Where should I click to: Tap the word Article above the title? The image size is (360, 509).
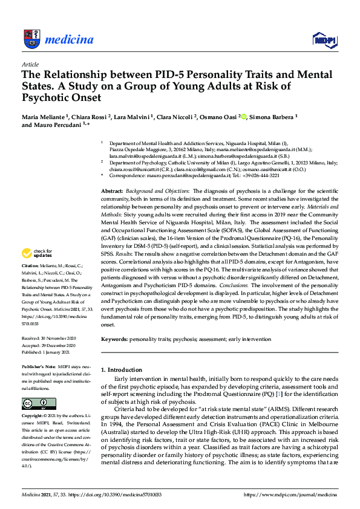30,64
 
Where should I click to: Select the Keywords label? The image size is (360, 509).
115,340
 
